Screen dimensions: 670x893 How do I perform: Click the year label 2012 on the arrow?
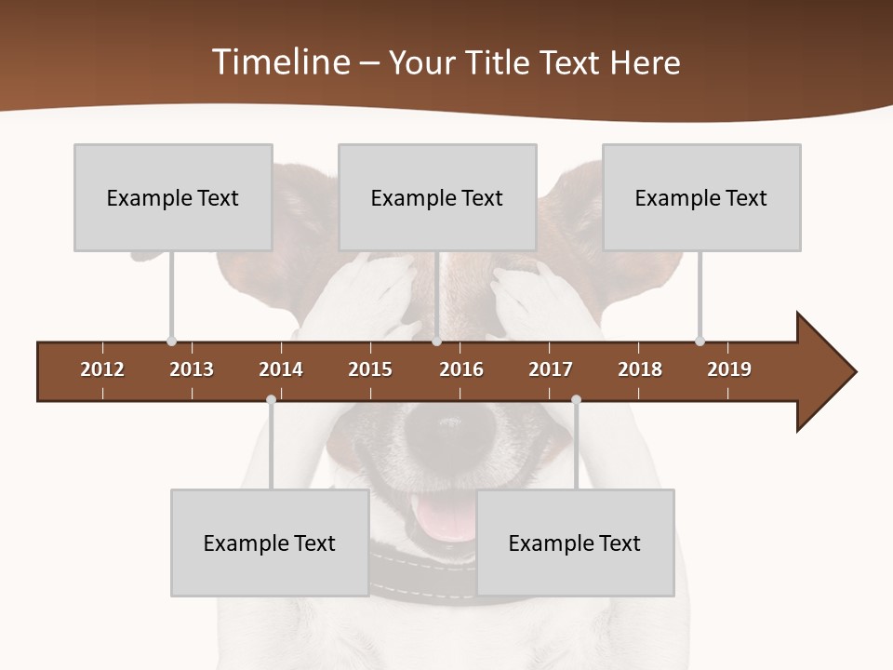pos(102,369)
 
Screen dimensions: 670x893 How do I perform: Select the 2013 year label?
pos(192,369)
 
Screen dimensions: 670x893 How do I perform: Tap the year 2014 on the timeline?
pos(281,369)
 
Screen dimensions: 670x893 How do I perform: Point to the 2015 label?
pos(370,369)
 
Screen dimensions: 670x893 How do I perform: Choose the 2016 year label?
pos(461,369)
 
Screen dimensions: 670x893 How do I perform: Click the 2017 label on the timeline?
pos(551,369)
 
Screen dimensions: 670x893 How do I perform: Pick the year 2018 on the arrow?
pos(640,369)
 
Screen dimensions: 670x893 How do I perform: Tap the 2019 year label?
pos(729,369)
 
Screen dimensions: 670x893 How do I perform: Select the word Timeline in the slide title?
pos(280,62)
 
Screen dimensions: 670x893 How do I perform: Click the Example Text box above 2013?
pos(173,197)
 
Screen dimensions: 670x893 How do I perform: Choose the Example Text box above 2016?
pos(437,197)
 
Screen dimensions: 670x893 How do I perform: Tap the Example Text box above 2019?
pos(701,197)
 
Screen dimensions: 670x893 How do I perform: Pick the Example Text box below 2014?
pos(270,543)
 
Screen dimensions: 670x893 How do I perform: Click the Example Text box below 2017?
pos(575,543)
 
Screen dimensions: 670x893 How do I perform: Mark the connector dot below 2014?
pos(271,400)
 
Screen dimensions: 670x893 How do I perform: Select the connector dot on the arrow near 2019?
pos(700,342)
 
